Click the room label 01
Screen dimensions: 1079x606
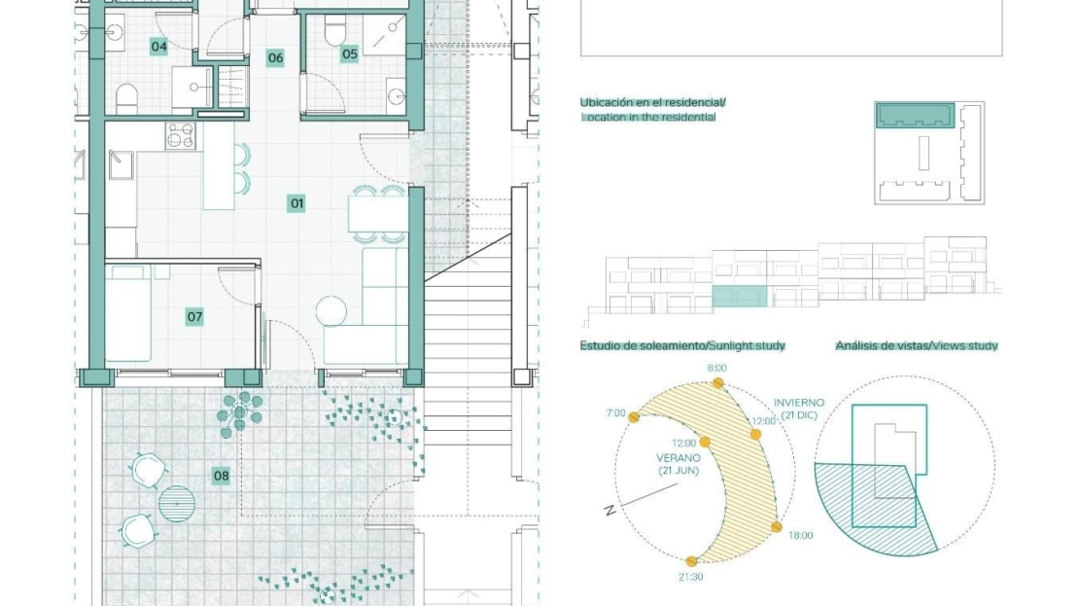pyautogui.click(x=296, y=203)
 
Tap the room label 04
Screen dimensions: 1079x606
pyautogui.click(x=159, y=47)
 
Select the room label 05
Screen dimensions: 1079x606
pyautogui.click(x=350, y=53)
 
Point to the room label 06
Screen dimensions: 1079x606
pyautogui.click(x=275, y=57)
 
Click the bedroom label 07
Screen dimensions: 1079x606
pyautogui.click(x=194, y=317)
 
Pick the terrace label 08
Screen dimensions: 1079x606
pyautogui.click(x=221, y=475)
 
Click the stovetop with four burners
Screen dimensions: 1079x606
pyautogui.click(x=180, y=135)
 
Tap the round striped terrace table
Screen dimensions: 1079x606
pyautogui.click(x=177, y=504)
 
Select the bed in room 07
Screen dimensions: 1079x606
pyautogui.click(x=128, y=313)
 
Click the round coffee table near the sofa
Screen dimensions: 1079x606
pyautogui.click(x=331, y=310)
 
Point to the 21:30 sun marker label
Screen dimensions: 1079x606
pyautogui.click(x=690, y=577)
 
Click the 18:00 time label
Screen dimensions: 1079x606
pyautogui.click(x=800, y=535)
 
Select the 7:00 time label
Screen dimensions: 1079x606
pyautogui.click(x=616, y=413)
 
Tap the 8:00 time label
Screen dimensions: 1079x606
pyautogui.click(x=717, y=369)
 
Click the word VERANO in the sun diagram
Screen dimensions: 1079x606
pyautogui.click(x=679, y=458)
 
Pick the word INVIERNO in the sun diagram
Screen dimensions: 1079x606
pyautogui.click(x=799, y=403)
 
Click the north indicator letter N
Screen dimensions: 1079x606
pyautogui.click(x=609, y=511)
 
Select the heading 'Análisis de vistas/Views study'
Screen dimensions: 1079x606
pyautogui.click(x=917, y=345)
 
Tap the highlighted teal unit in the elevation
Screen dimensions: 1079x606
pyautogui.click(x=739, y=296)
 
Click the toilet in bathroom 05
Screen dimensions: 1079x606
pyautogui.click(x=335, y=31)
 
